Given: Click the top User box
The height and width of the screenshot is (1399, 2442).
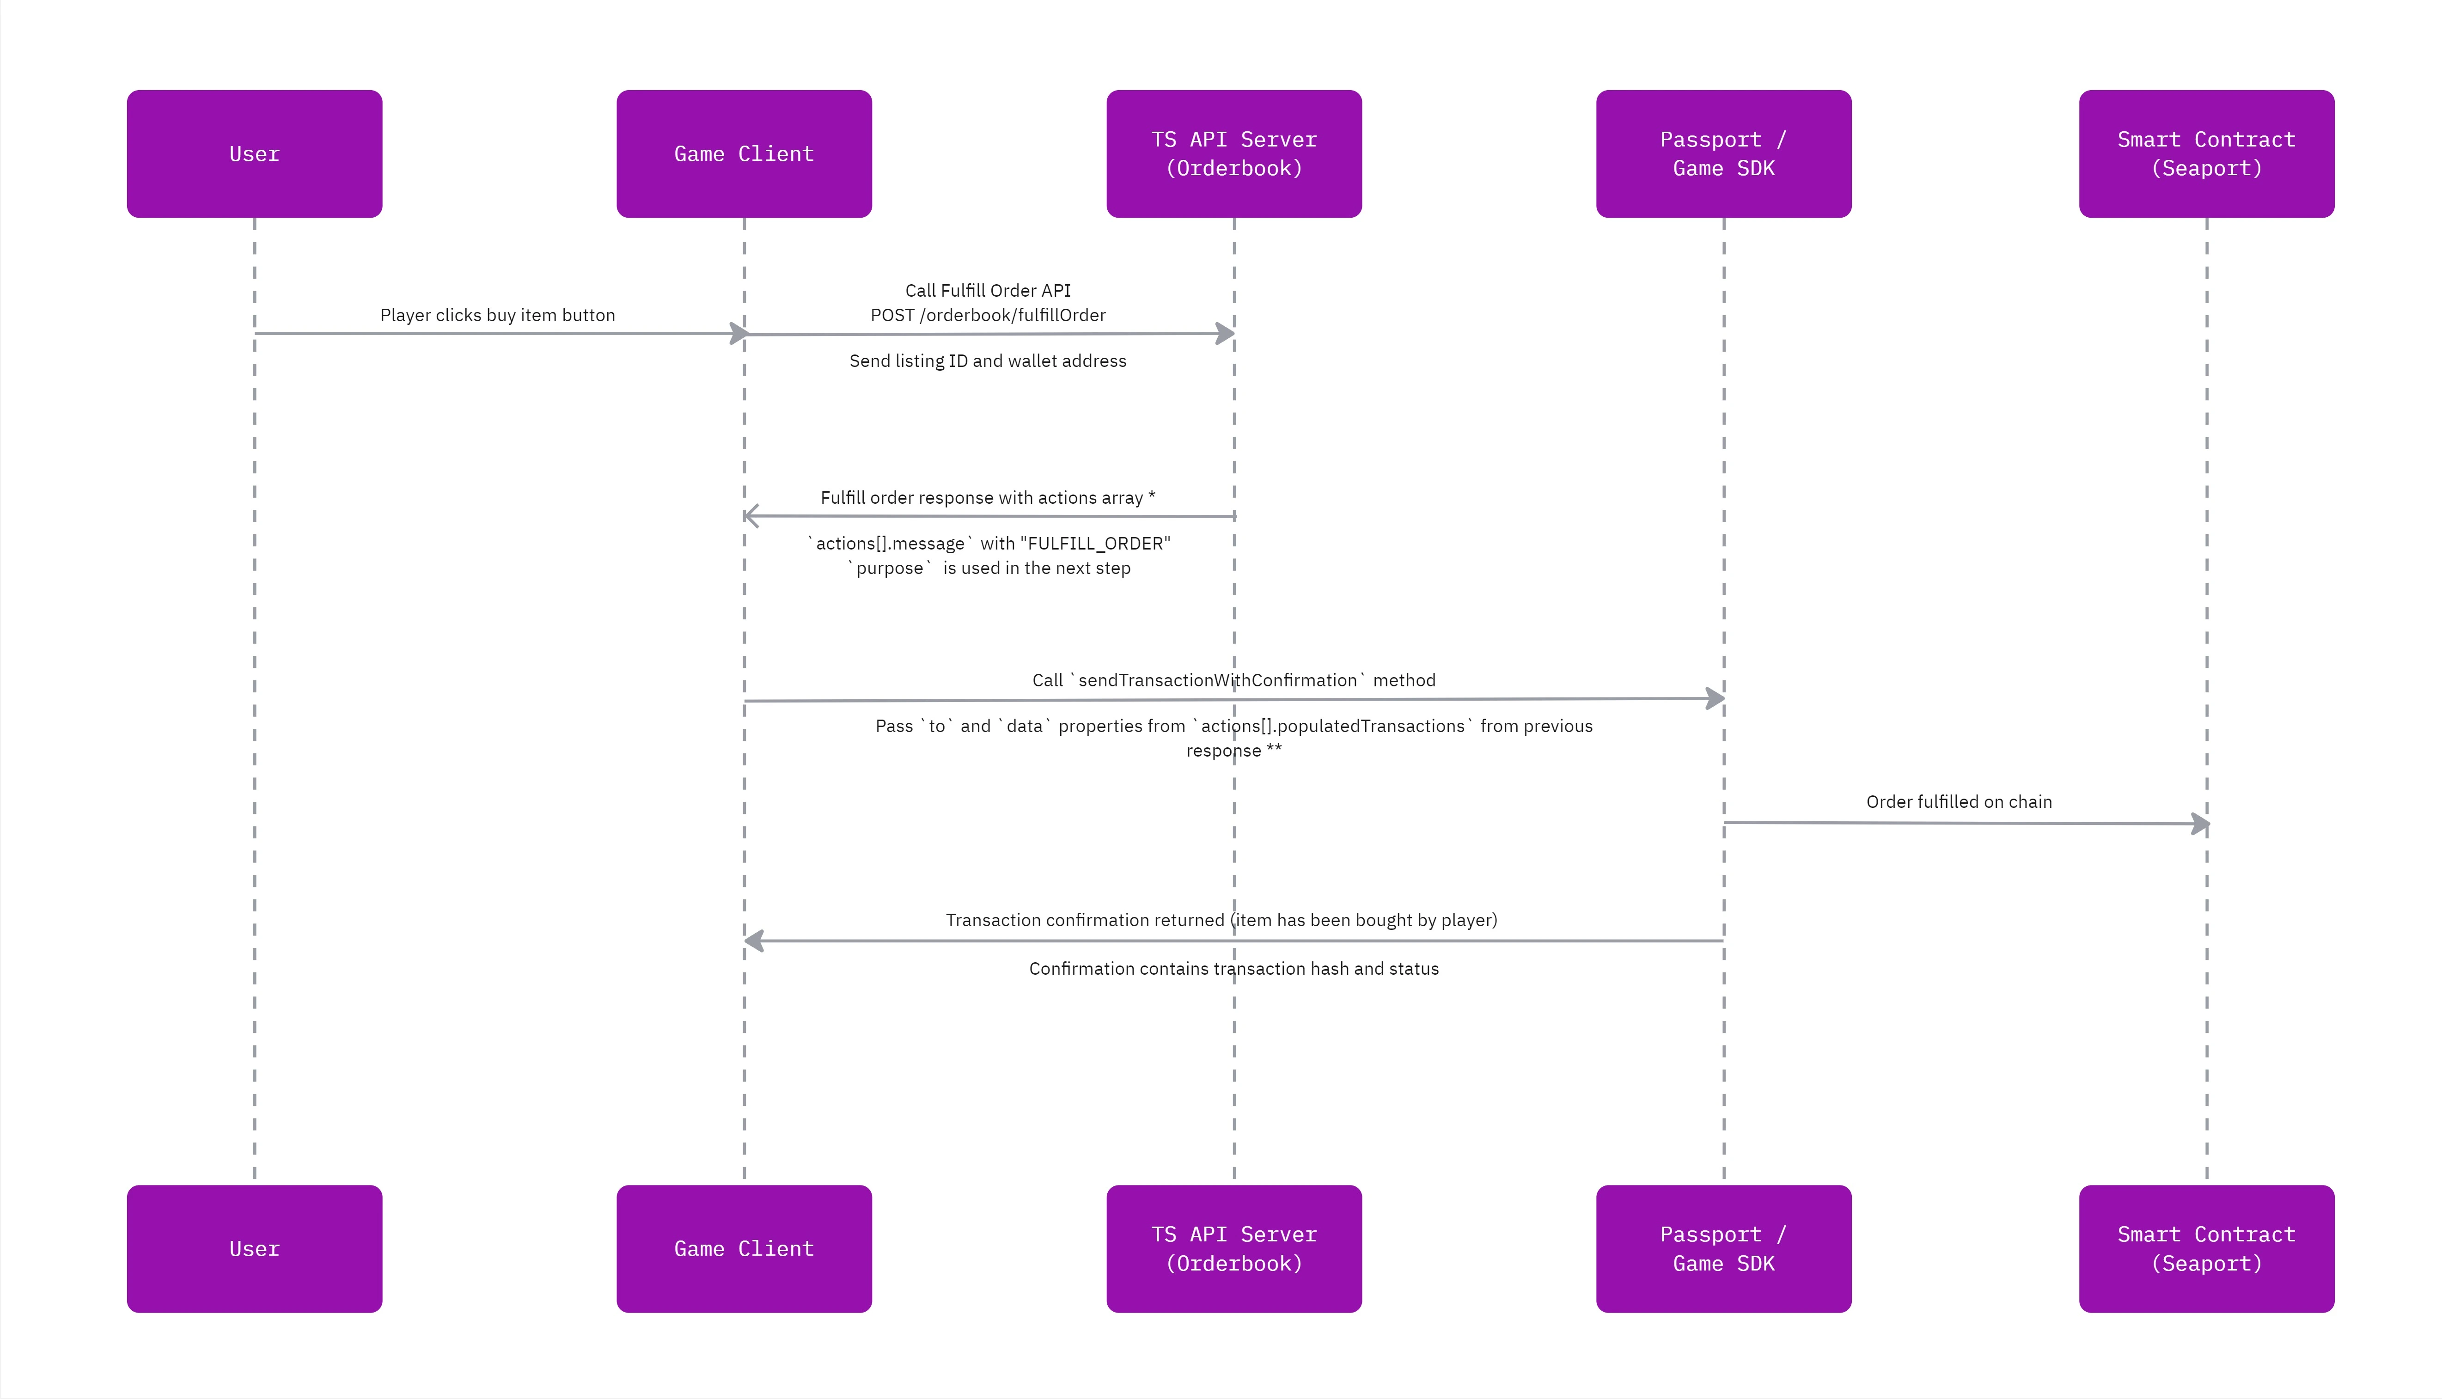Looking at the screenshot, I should pyautogui.click(x=255, y=154).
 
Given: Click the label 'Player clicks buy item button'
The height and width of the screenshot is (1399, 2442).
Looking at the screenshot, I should pyautogui.click(x=498, y=315).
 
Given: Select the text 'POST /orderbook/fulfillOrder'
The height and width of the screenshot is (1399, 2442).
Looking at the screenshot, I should pyautogui.click(x=988, y=315).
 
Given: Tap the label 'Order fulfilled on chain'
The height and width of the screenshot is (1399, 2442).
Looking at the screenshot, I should pyautogui.click(x=1959, y=801).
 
